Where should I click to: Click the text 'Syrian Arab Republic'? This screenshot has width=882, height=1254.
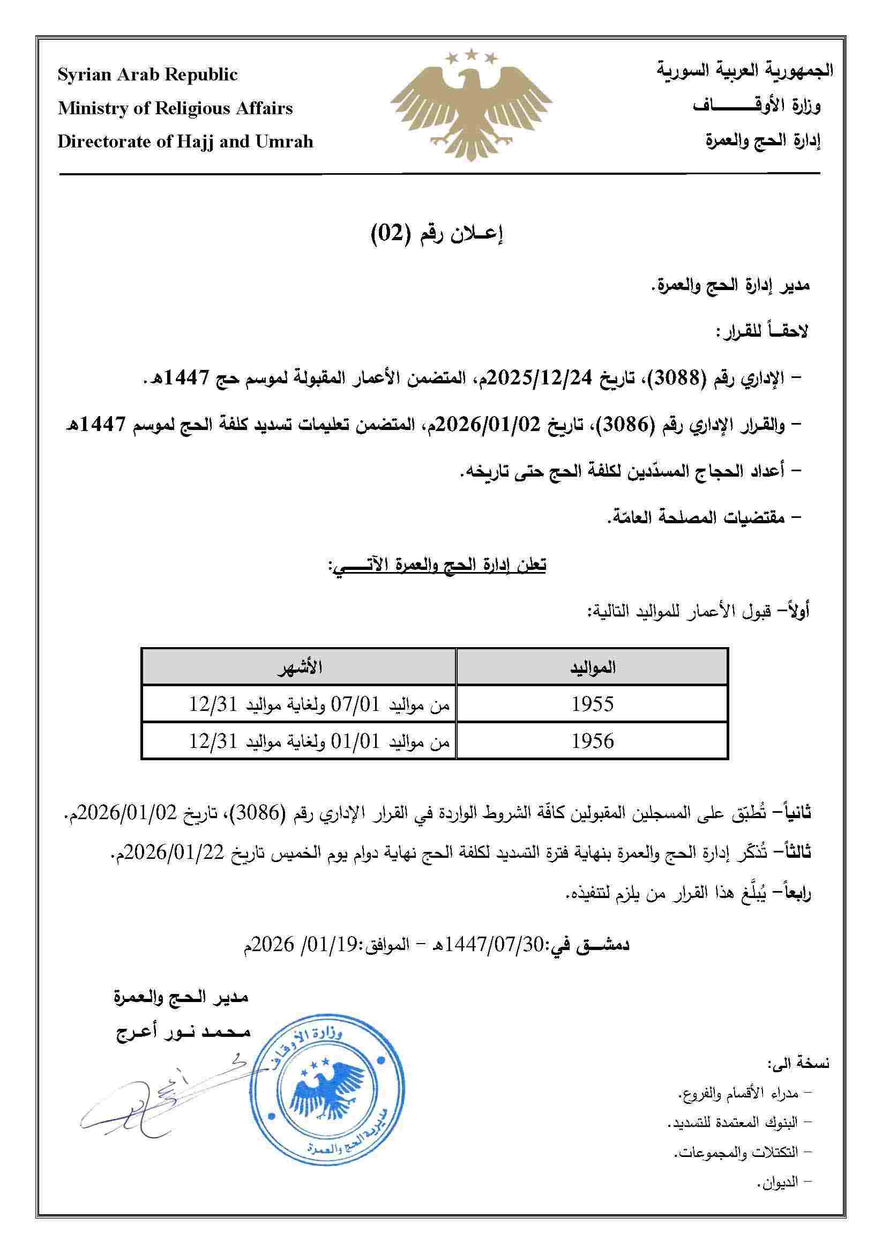tap(148, 75)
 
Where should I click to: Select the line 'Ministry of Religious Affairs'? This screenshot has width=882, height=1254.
tap(175, 108)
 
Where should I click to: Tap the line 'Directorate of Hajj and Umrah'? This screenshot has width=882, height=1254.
tap(185, 142)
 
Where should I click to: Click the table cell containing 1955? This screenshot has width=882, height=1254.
tap(592, 704)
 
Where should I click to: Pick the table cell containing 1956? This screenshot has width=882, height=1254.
tap(592, 741)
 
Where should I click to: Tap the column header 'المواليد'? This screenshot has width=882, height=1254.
tap(592, 667)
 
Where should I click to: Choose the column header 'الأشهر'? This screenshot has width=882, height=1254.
tap(299, 667)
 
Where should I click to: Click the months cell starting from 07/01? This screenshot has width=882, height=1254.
tap(319, 704)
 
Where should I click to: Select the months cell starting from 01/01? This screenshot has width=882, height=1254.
tap(319, 741)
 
